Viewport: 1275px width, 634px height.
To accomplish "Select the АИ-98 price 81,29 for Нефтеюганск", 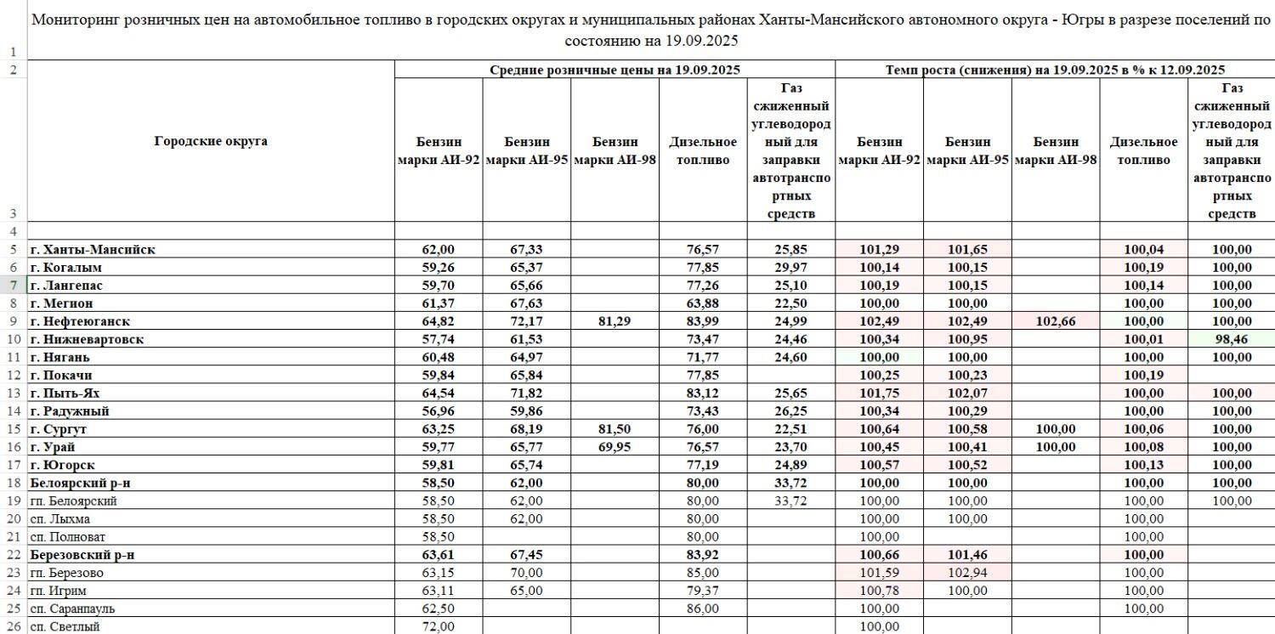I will (x=615, y=321).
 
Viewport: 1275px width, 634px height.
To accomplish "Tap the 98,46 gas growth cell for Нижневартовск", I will (x=1231, y=339).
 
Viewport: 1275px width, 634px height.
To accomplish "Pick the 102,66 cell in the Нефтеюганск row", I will (x=1055, y=321).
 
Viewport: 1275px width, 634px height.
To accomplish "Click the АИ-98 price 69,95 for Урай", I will (x=615, y=447).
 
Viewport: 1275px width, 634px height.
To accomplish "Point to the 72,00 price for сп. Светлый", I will (x=439, y=627).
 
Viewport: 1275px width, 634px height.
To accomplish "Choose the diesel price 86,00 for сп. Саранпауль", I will (x=703, y=609).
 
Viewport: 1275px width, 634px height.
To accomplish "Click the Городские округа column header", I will (x=211, y=141).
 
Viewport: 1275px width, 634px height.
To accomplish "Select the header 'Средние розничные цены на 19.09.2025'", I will (x=615, y=70).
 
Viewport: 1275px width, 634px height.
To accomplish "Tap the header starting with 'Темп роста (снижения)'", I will (x=1055, y=70).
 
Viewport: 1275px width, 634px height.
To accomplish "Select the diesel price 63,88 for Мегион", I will (x=703, y=303).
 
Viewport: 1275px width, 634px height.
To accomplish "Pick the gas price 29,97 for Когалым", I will (x=790, y=268).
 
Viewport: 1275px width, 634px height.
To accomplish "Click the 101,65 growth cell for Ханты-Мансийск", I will (x=966, y=250).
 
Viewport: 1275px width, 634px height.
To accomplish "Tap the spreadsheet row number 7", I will (x=14, y=286).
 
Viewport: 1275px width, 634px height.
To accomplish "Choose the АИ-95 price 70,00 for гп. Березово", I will (x=526, y=573).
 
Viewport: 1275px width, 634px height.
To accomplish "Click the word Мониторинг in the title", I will (x=74, y=20).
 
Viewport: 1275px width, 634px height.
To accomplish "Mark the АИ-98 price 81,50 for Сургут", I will (x=615, y=429).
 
